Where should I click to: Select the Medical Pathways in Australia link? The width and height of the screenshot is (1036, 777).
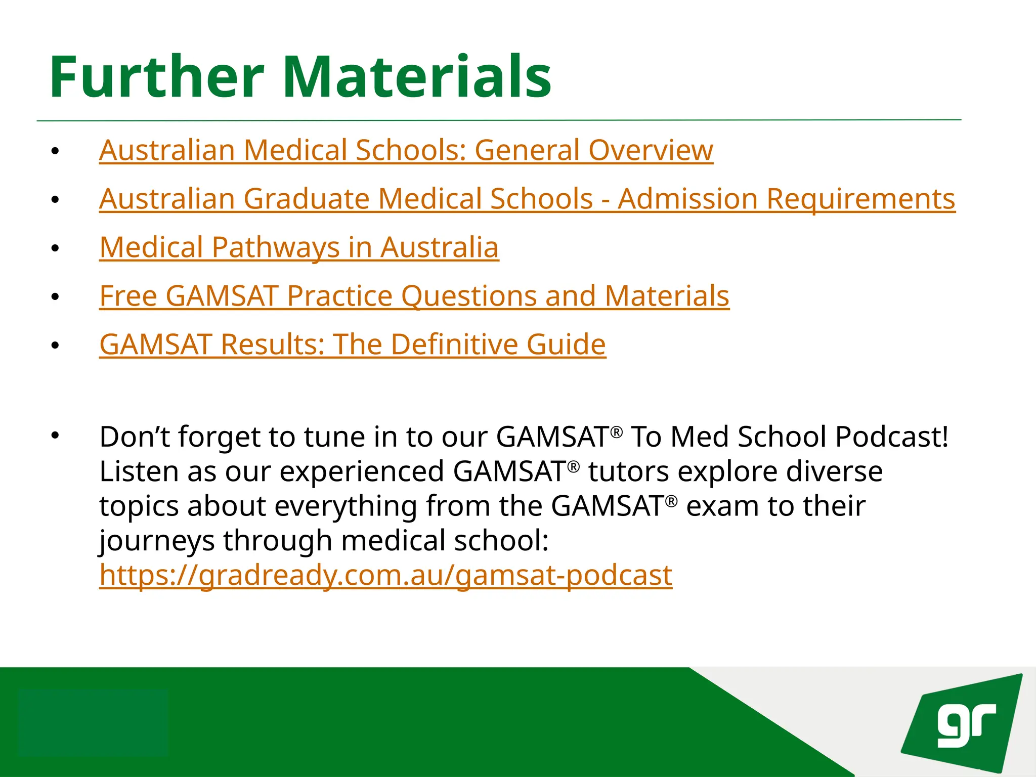[x=299, y=247]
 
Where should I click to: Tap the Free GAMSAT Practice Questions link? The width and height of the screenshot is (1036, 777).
[x=414, y=296]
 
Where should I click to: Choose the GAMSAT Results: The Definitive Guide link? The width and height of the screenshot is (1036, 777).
[x=353, y=344]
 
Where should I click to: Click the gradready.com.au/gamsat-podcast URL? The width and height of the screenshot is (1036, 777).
[x=385, y=575]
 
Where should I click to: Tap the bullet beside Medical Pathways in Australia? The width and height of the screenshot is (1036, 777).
[x=55, y=248]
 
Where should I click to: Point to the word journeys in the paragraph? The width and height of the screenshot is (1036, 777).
[x=157, y=541]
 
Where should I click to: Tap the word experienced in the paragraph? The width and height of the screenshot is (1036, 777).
[x=362, y=471]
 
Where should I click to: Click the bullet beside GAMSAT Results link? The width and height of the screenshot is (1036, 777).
[x=55, y=346]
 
